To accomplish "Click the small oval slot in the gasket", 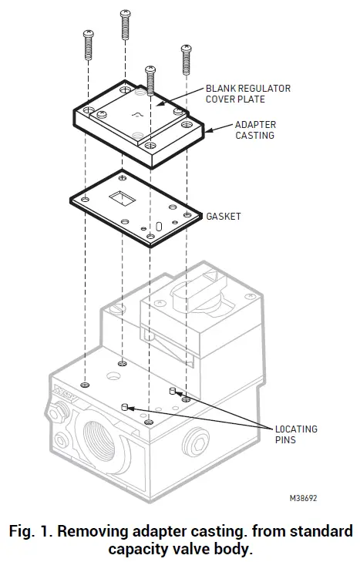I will coord(159,227).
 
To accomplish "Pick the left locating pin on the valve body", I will coord(124,405).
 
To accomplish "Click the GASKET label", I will coord(224,217).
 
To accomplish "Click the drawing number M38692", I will coord(303,499).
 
